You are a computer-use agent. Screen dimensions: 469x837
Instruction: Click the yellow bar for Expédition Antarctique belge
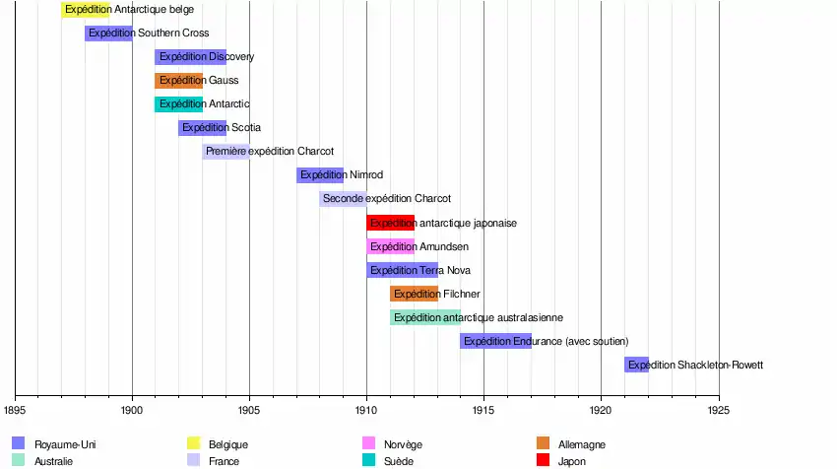pyautogui.click(x=85, y=10)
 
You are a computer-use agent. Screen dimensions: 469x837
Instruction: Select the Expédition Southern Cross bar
pyautogui.click(x=108, y=33)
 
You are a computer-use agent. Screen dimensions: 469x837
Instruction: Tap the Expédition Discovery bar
pyautogui.click(x=190, y=57)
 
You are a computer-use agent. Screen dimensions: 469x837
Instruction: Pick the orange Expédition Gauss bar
pyautogui.click(x=178, y=81)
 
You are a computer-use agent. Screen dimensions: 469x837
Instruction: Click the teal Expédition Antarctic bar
pyautogui.click(x=178, y=104)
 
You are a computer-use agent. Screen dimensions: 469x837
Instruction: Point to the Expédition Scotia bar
pyautogui.click(x=202, y=128)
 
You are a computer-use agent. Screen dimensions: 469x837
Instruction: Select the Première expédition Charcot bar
pyautogui.click(x=225, y=152)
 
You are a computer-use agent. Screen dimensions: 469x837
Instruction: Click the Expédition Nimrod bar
pyautogui.click(x=319, y=175)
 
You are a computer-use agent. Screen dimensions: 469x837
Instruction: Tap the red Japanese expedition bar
pyautogui.click(x=390, y=223)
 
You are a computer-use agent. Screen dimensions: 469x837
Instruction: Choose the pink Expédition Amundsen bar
pyautogui.click(x=390, y=246)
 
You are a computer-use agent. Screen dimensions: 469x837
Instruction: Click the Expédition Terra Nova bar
pyautogui.click(x=402, y=270)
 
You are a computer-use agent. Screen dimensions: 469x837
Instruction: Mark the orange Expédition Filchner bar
pyautogui.click(x=414, y=294)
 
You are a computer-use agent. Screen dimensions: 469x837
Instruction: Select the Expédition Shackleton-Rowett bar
pyautogui.click(x=636, y=365)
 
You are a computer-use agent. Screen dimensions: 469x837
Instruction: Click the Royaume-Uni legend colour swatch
pyautogui.click(x=18, y=443)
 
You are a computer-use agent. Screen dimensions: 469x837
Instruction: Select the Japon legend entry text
pyautogui.click(x=572, y=460)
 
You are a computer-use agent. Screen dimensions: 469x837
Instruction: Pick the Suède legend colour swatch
pyautogui.click(x=369, y=460)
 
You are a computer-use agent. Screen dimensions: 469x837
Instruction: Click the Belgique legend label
pyautogui.click(x=228, y=444)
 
